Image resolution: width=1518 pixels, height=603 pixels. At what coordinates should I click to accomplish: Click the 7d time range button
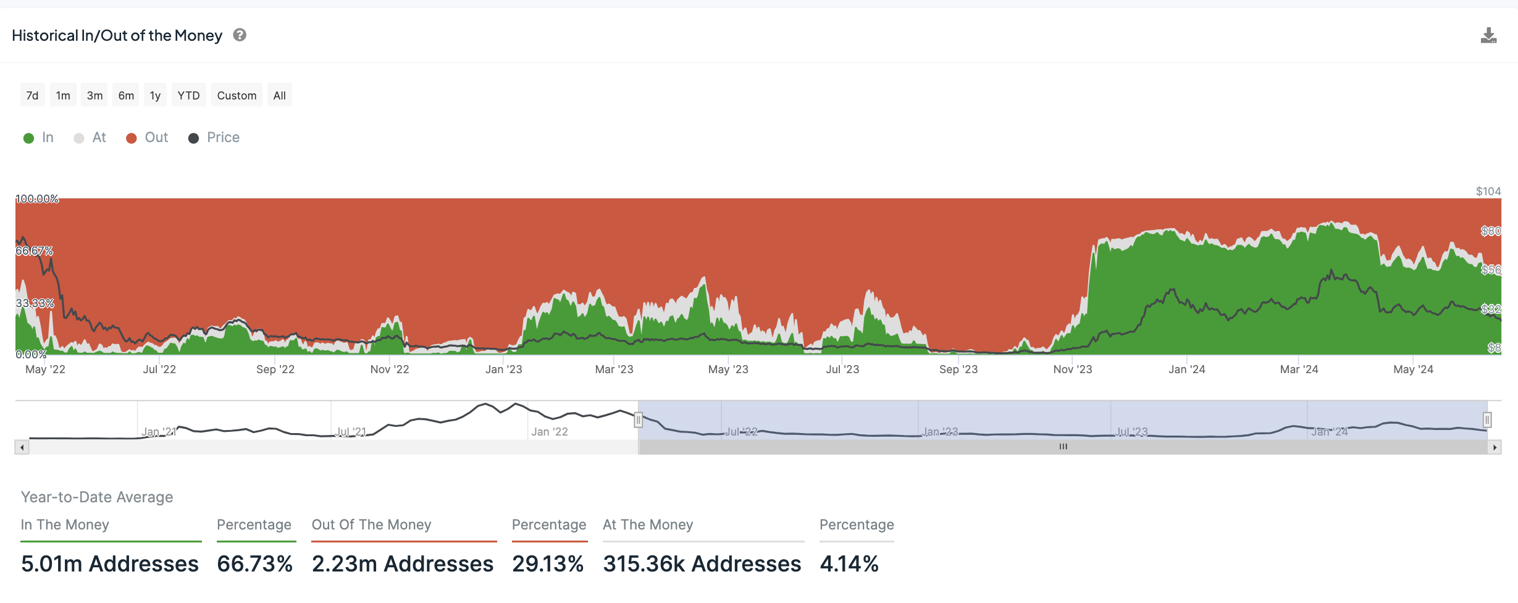click(x=32, y=95)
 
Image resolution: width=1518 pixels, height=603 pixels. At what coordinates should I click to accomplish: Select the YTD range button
click(x=188, y=95)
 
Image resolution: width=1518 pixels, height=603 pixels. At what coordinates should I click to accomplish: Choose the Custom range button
click(x=237, y=95)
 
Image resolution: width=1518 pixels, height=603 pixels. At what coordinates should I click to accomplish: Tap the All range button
click(x=279, y=95)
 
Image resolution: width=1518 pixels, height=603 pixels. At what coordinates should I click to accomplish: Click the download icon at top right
click(x=1488, y=36)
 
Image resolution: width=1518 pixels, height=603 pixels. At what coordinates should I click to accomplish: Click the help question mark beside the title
click(x=240, y=35)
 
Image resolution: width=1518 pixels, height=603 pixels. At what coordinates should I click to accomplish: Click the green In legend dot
click(x=28, y=138)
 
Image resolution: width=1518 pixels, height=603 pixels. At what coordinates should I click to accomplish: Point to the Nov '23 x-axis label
click(x=1072, y=369)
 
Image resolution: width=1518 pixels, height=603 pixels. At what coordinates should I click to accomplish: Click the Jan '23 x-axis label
click(x=503, y=369)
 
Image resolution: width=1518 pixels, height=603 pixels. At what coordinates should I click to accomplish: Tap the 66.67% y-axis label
click(x=35, y=251)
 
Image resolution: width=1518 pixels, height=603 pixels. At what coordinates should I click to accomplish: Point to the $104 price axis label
click(x=1488, y=192)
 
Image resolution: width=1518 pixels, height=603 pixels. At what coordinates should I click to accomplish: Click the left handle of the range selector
click(x=639, y=420)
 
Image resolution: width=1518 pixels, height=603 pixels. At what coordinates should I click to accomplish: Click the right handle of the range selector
click(x=1487, y=420)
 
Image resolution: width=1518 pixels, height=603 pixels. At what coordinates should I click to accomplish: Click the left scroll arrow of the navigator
click(x=22, y=447)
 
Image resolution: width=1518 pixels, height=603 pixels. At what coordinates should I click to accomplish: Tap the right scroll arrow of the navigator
click(x=1495, y=447)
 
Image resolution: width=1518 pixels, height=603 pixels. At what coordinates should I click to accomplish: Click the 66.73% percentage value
click(x=254, y=563)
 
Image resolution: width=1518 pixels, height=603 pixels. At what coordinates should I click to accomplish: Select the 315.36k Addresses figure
click(x=702, y=563)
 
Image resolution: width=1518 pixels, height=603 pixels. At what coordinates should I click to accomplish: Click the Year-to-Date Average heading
click(x=97, y=497)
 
